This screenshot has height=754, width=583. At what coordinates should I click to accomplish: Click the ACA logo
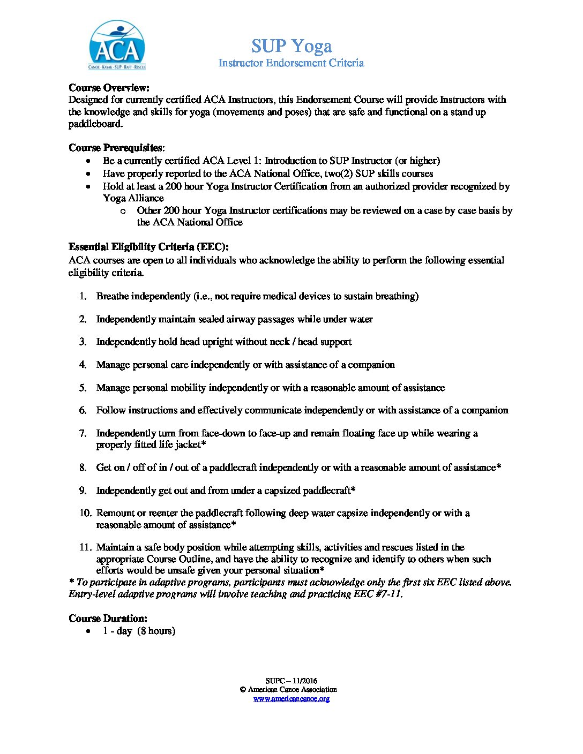[x=117, y=46]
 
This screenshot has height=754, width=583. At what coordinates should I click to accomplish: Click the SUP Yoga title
[x=291, y=46]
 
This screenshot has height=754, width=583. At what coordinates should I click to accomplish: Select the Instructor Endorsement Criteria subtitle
[x=291, y=63]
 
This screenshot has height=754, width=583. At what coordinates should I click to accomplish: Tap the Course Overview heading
[x=109, y=88]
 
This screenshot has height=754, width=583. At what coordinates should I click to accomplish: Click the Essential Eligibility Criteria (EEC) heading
[x=148, y=247]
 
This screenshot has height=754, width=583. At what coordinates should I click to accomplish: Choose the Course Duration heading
[x=108, y=619]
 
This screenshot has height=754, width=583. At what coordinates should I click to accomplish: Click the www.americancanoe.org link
[x=291, y=699]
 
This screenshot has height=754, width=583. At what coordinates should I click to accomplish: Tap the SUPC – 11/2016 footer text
[x=291, y=681]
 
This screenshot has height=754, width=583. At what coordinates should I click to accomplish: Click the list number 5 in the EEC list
[x=83, y=388]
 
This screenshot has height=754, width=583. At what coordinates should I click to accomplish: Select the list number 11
[x=85, y=547]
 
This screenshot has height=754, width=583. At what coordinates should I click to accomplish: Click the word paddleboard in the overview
[x=95, y=124]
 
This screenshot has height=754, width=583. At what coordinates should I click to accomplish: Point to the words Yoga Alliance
[x=133, y=198]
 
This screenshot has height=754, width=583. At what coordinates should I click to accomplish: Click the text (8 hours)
[x=156, y=631]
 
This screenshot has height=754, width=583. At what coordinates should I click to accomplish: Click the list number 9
[x=83, y=491]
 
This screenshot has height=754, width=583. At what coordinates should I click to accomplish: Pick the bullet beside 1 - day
[x=88, y=631]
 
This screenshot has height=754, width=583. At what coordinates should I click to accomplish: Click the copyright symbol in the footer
[x=242, y=690]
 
